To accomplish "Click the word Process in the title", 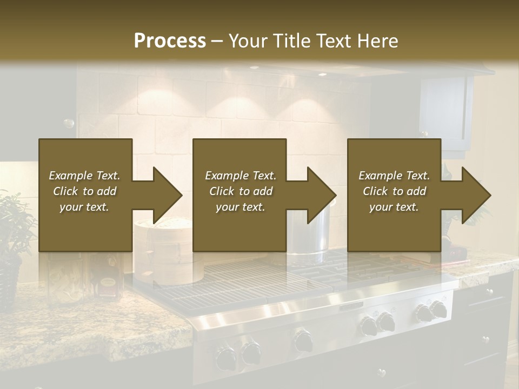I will tap(170, 41).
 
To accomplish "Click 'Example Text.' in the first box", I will tap(84, 176).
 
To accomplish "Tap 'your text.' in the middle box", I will tap(240, 207).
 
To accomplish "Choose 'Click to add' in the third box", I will tap(394, 191).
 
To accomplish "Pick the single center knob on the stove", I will tap(303, 340).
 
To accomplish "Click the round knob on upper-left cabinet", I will tap(69, 124).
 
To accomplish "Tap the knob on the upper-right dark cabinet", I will tap(425, 133).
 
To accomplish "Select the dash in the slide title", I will tap(217, 41).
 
